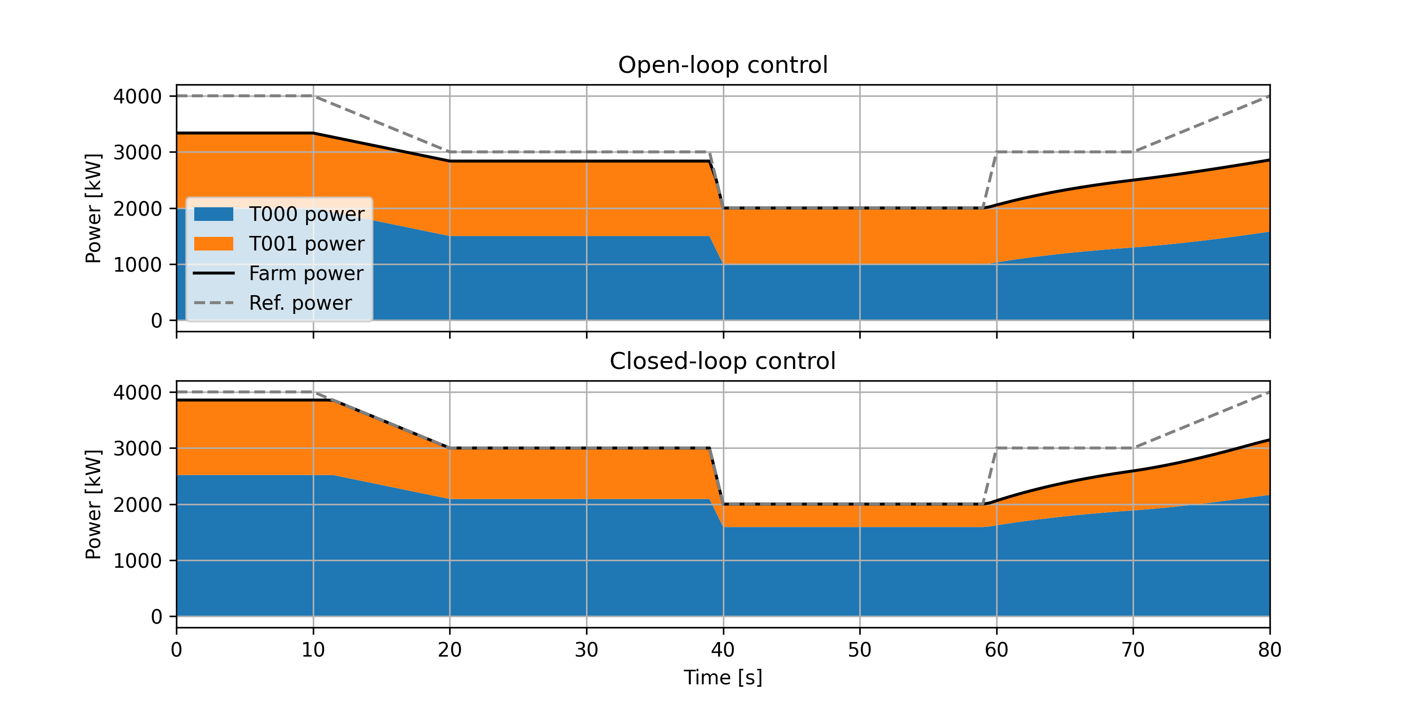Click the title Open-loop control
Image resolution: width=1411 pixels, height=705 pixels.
[x=722, y=65]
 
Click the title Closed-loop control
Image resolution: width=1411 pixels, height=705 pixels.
[x=722, y=361]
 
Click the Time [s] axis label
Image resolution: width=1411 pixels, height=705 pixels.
[x=722, y=678]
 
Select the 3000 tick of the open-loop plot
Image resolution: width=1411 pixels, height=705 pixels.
[x=137, y=152]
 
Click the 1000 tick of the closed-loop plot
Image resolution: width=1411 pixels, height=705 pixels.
[x=137, y=561]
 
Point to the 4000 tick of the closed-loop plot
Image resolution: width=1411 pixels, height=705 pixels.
[x=137, y=392]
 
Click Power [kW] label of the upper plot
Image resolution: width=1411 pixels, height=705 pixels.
[x=94, y=208]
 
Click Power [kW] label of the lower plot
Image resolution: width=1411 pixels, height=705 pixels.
[x=94, y=504]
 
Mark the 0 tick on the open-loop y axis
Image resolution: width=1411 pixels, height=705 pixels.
[x=156, y=320]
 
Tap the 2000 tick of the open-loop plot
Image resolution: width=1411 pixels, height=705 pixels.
[x=137, y=209]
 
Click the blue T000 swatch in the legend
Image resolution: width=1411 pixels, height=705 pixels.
[x=214, y=214]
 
